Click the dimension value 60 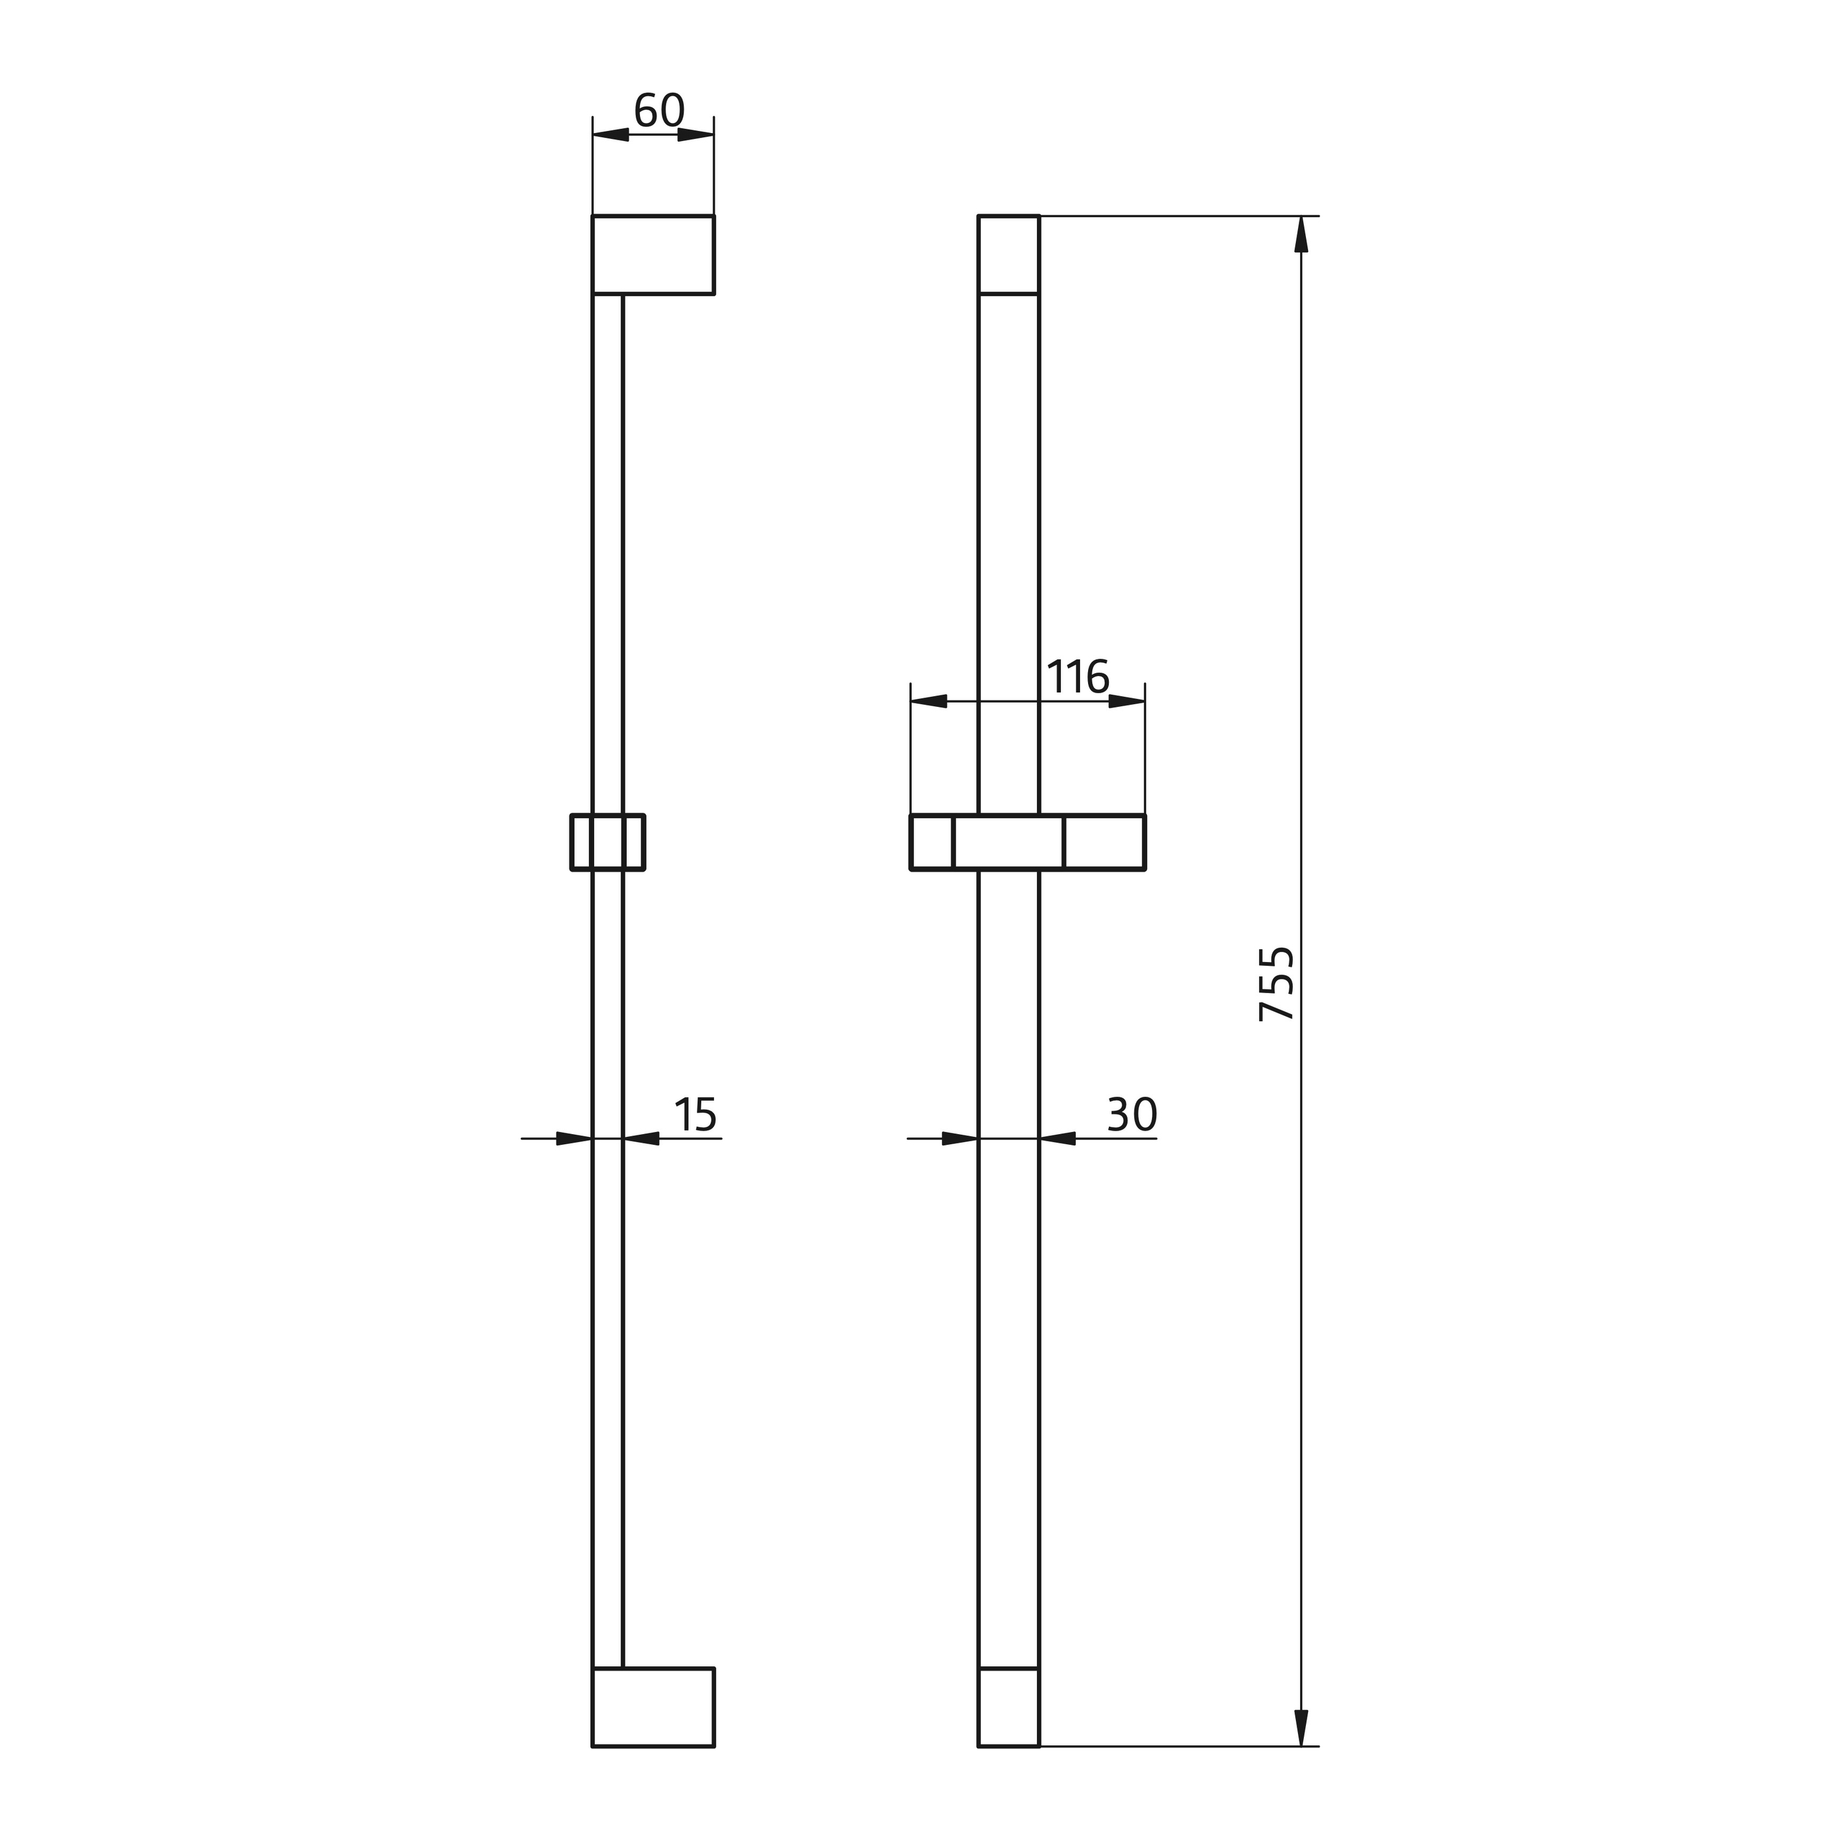point(659,111)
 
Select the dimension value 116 point(1078,677)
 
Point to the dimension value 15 point(695,1115)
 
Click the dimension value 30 point(1131,1115)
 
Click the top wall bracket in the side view point(653,255)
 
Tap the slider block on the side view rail point(607,842)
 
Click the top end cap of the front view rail point(1008,255)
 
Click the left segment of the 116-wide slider point(932,842)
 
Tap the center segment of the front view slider point(1008,842)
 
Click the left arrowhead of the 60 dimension point(611,134)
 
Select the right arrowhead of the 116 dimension point(1126,701)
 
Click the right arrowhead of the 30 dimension point(1058,1138)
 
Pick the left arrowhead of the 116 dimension point(929,701)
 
